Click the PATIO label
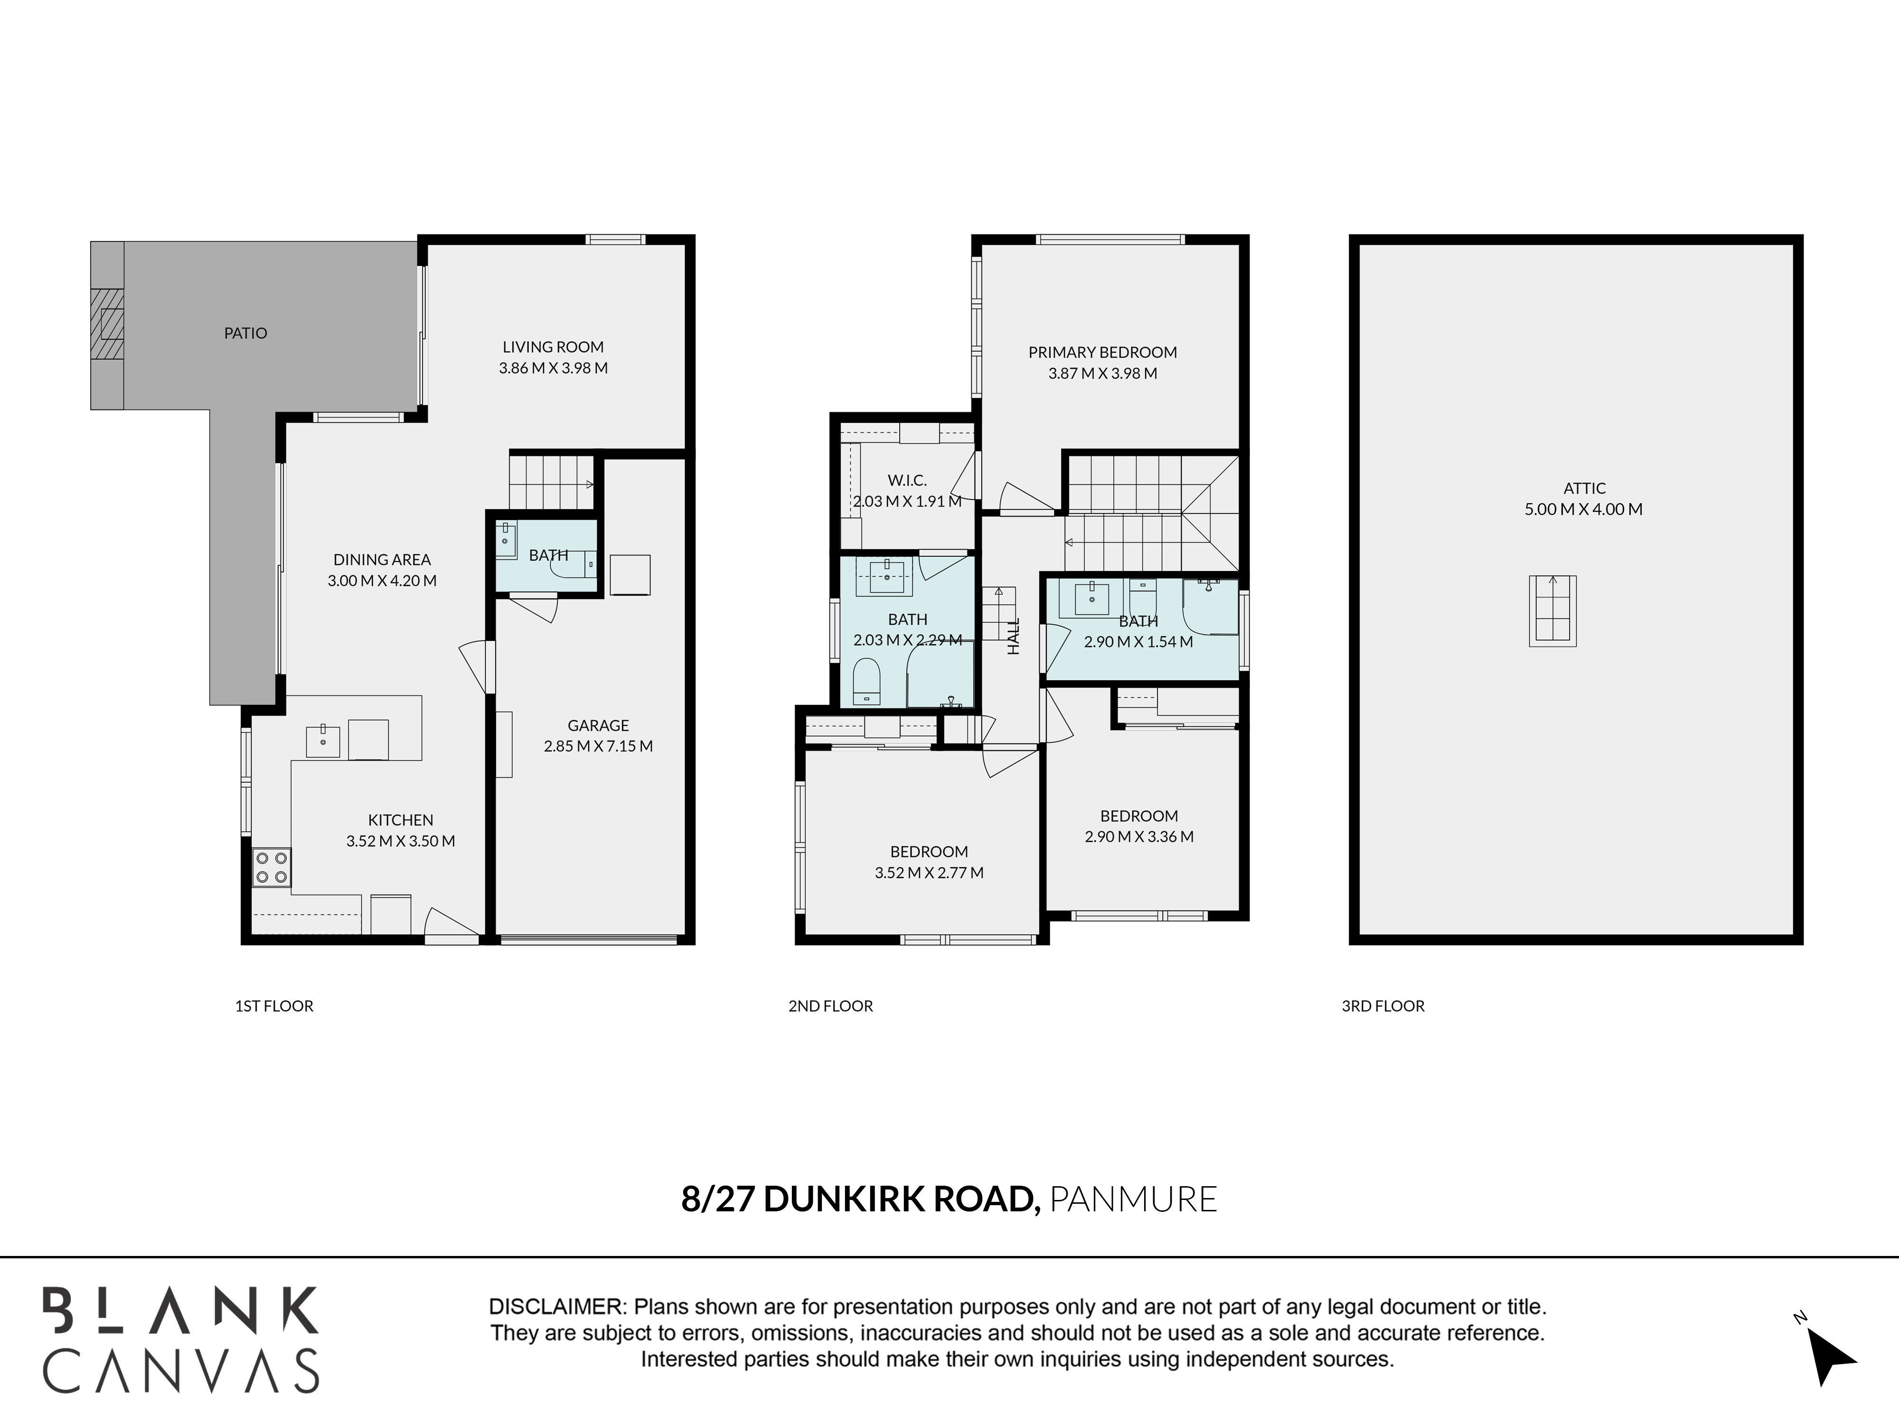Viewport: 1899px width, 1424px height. pyautogui.click(x=245, y=333)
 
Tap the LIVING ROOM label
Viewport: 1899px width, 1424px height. pyautogui.click(x=553, y=347)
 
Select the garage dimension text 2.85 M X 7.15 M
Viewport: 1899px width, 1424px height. pyautogui.click(x=598, y=746)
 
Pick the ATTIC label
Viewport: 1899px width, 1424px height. pyautogui.click(x=1584, y=488)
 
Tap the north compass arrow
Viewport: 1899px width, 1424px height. pyautogui.click(x=1830, y=1356)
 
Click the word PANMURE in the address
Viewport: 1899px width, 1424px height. pyautogui.click(x=1133, y=1199)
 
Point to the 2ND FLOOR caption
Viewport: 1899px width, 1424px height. pyautogui.click(x=830, y=1006)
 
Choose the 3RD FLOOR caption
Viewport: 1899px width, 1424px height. pyautogui.click(x=1383, y=1006)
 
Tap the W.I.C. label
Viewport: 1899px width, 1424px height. pyautogui.click(x=907, y=481)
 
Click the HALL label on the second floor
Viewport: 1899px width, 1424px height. pyautogui.click(x=1014, y=636)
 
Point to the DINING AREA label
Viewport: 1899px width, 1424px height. pyautogui.click(x=382, y=560)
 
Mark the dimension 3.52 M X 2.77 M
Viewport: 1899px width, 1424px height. pyautogui.click(x=929, y=873)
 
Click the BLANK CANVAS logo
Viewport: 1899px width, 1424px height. pyautogui.click(x=181, y=1339)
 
